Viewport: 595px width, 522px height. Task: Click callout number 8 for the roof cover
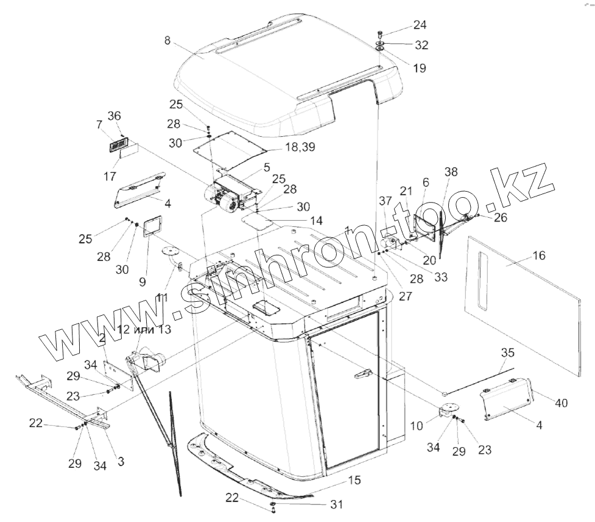click(167, 41)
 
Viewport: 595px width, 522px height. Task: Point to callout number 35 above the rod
click(507, 352)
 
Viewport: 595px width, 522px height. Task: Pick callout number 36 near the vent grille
click(114, 115)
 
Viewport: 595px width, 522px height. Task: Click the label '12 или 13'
click(144, 330)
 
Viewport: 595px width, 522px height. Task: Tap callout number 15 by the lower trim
click(354, 481)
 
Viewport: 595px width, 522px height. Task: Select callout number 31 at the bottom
click(336, 504)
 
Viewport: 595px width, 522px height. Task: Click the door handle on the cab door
click(364, 373)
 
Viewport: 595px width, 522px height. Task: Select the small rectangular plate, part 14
click(256, 220)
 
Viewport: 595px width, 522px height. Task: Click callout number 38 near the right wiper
click(450, 172)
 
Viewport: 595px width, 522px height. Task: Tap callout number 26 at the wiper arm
click(500, 217)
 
